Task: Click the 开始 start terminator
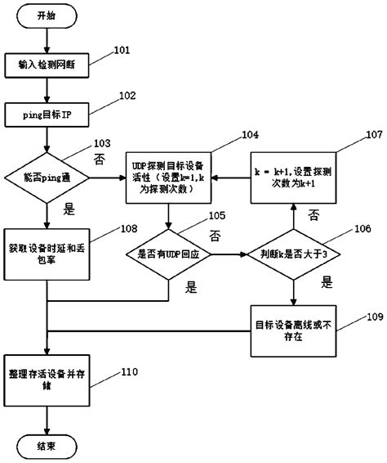point(47,16)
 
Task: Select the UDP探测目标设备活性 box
point(167,175)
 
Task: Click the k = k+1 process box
point(291,175)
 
